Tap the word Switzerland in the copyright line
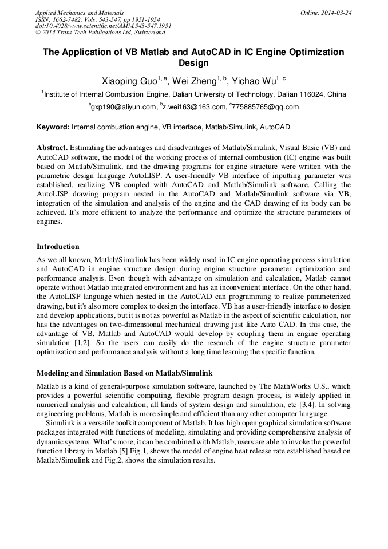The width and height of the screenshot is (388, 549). pyautogui.click(x=147, y=33)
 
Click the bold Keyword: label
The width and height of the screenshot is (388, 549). pyautogui.click(x=53, y=127)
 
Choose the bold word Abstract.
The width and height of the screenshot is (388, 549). pyautogui.click(x=53, y=147)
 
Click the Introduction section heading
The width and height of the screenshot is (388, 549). pyautogui.click(x=58, y=247)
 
